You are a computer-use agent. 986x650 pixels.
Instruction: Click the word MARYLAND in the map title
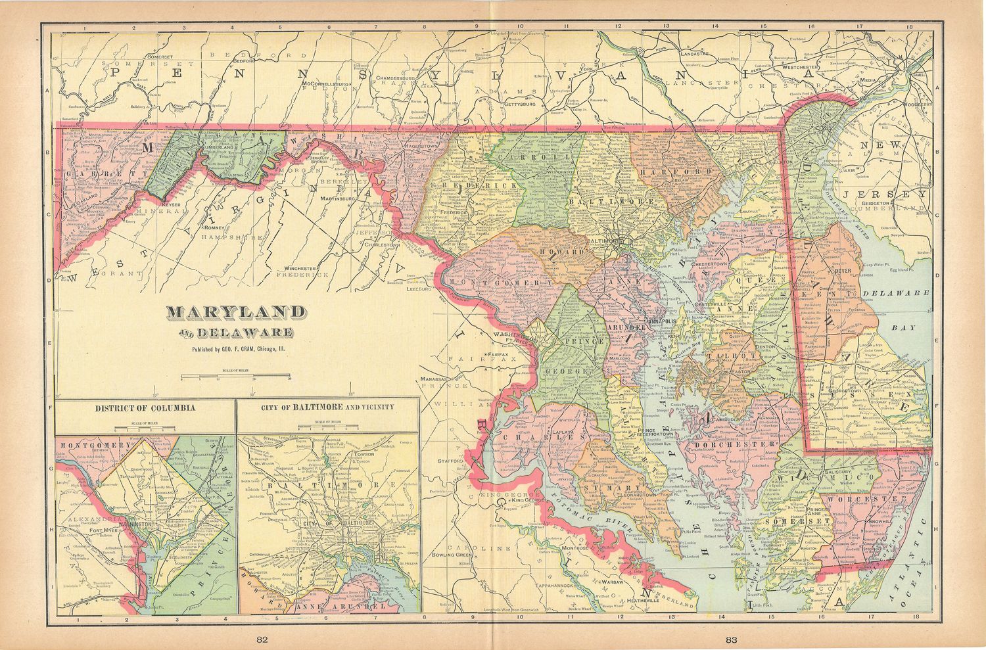click(x=235, y=313)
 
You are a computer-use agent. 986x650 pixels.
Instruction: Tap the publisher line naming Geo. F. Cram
click(x=239, y=350)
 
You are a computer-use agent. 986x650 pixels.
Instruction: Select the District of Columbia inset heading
click(x=145, y=407)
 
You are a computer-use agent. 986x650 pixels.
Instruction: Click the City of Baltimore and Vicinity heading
click(x=327, y=407)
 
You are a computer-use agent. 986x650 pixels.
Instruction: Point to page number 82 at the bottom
click(x=262, y=638)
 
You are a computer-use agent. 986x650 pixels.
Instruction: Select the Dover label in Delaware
click(x=843, y=270)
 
